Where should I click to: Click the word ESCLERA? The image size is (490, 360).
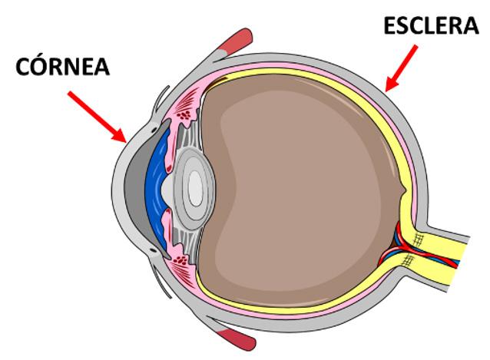tap(431, 28)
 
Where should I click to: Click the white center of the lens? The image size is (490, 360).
tap(195, 187)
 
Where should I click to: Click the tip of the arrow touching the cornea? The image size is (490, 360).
tap(124, 141)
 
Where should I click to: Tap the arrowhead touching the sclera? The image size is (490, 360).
tap(388, 89)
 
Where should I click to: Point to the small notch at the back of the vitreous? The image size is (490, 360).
tap(405, 187)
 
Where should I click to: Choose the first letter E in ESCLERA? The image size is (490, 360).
tap(391, 28)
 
